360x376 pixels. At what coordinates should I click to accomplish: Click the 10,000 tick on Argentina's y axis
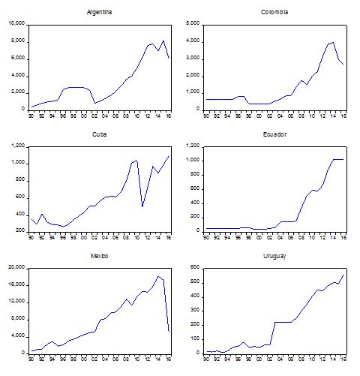(16, 24)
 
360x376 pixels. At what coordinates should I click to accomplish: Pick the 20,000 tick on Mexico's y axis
(16, 267)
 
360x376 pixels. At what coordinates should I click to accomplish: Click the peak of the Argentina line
(163, 41)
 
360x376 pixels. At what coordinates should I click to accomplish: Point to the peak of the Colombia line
(333, 42)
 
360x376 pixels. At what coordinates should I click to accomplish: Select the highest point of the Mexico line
(157, 276)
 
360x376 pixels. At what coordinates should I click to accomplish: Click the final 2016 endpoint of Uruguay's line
(344, 274)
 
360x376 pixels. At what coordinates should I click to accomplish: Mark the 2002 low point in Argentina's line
(94, 103)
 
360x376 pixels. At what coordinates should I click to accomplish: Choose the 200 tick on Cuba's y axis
(19, 231)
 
